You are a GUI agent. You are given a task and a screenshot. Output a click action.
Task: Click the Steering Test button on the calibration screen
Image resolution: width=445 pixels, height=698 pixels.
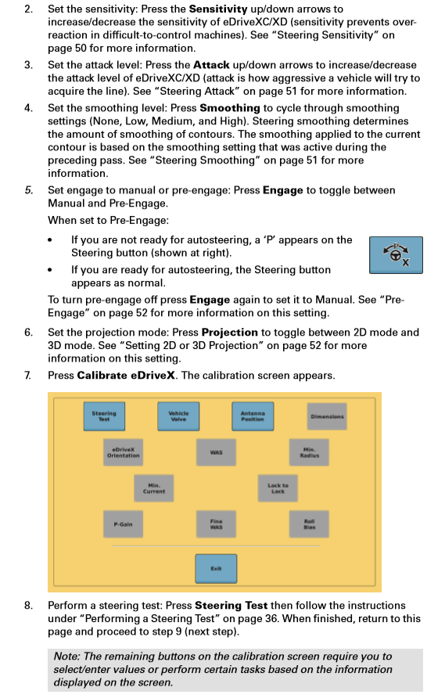point(104,416)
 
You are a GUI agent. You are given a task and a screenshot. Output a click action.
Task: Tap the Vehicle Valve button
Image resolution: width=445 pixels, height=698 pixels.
point(178,416)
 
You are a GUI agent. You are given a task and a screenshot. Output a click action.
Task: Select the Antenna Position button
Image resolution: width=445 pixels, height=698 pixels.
point(253,416)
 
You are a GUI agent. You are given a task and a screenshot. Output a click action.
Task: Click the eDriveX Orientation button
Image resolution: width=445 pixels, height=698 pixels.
point(124,452)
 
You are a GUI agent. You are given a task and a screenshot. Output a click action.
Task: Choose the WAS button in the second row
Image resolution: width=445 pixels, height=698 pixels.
point(217,452)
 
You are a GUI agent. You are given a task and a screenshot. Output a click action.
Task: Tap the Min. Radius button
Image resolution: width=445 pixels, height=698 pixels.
point(309,452)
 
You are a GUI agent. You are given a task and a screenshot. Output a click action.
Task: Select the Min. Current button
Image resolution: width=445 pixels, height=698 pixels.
point(154,488)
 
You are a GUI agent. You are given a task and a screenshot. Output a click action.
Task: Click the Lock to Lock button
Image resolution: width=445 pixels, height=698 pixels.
point(278,488)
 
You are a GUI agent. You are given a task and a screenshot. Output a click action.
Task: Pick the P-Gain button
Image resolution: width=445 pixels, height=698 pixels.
point(124,524)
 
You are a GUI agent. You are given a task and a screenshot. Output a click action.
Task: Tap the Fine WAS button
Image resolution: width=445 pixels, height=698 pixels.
point(217,524)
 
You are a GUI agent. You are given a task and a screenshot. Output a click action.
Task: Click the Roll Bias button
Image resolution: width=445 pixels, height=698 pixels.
point(309,524)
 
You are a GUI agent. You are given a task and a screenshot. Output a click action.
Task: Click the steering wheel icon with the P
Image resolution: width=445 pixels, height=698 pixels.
point(396,254)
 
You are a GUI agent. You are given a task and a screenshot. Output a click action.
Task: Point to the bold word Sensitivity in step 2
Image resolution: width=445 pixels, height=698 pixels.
point(218,9)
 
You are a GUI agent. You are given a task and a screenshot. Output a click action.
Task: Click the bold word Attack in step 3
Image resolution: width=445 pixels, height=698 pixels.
point(211,65)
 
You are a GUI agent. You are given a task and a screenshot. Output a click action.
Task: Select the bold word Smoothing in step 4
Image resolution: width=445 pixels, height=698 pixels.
point(230,108)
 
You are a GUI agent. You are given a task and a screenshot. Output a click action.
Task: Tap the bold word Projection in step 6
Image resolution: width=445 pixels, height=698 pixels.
point(230,333)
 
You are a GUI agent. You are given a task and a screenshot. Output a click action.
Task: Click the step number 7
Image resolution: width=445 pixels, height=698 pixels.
point(27,376)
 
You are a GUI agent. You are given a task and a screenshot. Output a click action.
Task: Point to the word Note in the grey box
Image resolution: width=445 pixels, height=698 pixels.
point(66,657)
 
